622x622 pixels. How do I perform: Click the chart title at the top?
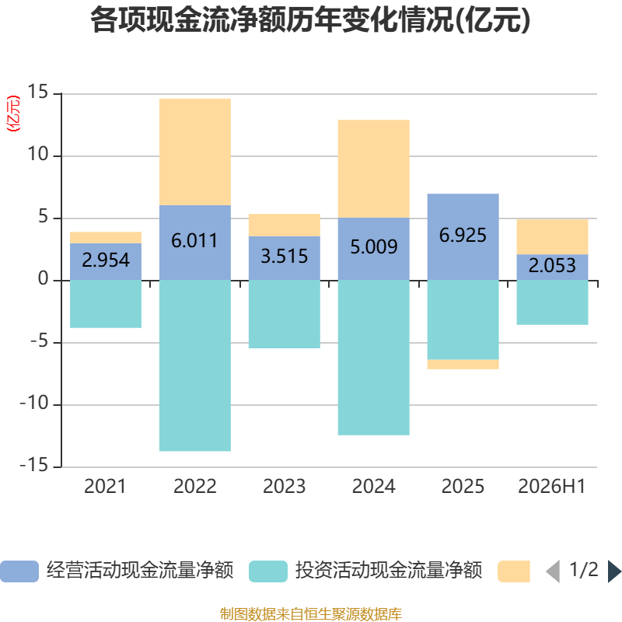click(x=310, y=20)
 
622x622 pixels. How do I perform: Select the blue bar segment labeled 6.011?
click(x=195, y=243)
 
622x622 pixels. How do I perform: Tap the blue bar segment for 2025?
click(x=463, y=237)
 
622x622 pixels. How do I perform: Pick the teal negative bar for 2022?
click(x=195, y=365)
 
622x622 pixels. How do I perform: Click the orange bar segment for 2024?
click(x=374, y=169)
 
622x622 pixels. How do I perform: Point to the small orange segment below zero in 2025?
click(x=463, y=364)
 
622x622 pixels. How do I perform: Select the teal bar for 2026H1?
click(x=552, y=302)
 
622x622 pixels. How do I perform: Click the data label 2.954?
click(x=106, y=260)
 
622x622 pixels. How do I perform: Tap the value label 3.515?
click(x=284, y=257)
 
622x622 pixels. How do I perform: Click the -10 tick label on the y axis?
click(x=34, y=403)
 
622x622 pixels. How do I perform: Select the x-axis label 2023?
click(x=284, y=487)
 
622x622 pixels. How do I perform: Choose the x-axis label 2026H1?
click(x=552, y=487)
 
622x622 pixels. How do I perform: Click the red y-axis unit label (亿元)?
click(x=13, y=114)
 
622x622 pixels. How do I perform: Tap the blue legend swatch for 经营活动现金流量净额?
click(x=19, y=571)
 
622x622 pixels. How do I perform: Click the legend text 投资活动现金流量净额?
click(x=388, y=571)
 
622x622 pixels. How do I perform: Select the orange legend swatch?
click(x=514, y=571)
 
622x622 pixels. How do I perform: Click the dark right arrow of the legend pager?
click(x=614, y=571)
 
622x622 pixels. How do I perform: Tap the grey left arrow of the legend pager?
click(x=553, y=571)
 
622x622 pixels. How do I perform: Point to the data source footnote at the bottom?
click(x=310, y=614)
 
